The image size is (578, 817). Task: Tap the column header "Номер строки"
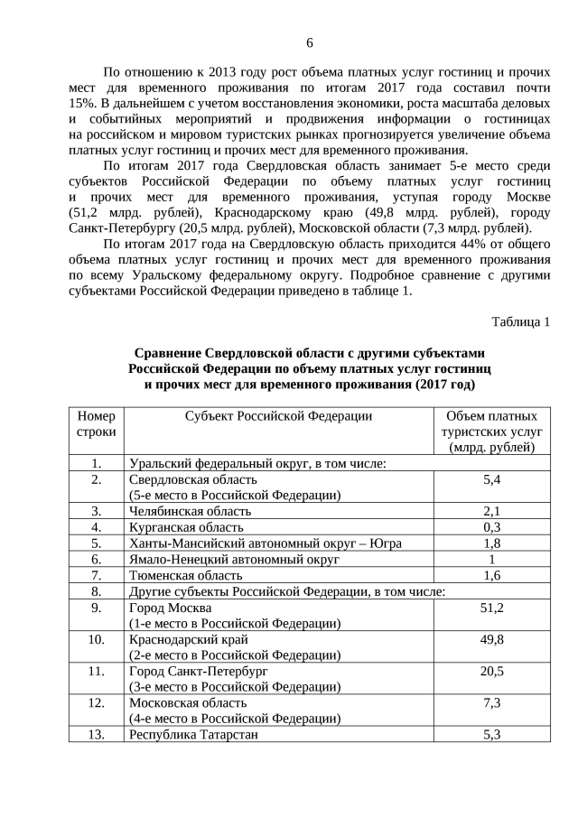(x=97, y=424)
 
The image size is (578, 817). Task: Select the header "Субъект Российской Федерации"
(x=279, y=416)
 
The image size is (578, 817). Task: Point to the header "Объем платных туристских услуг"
(x=492, y=432)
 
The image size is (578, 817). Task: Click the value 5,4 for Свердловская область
(x=492, y=480)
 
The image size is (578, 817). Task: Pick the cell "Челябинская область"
(x=191, y=511)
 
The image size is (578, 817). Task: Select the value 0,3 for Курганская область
(x=492, y=527)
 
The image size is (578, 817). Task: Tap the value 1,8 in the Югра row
(x=492, y=543)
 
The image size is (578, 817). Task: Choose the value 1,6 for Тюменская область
(x=492, y=576)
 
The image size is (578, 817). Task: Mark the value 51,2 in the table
(x=492, y=608)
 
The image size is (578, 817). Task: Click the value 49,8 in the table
(x=492, y=640)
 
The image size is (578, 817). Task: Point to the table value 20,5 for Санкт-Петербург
(x=492, y=673)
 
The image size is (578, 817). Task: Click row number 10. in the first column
(x=97, y=640)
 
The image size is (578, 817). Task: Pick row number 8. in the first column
(x=97, y=592)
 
